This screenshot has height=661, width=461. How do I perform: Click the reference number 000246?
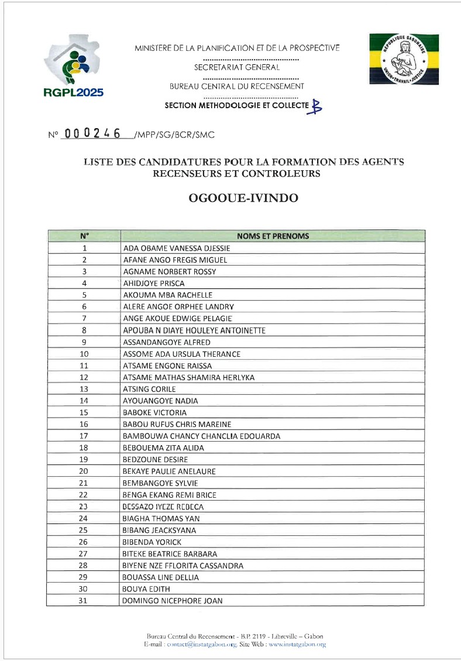(x=92, y=134)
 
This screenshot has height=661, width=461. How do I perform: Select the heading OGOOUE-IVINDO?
(x=243, y=198)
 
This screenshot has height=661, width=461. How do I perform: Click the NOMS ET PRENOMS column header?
(x=273, y=236)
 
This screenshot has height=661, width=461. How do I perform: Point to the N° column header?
(x=84, y=236)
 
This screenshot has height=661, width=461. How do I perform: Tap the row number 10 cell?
(x=84, y=354)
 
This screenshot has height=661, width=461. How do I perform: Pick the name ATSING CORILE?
(x=149, y=389)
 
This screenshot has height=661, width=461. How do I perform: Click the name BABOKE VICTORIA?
(x=154, y=412)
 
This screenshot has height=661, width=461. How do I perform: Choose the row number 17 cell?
(x=84, y=436)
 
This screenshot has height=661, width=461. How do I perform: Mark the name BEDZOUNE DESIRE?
(x=155, y=460)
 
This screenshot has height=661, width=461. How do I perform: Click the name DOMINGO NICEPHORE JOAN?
(x=173, y=601)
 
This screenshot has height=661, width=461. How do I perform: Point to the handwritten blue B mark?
(x=316, y=106)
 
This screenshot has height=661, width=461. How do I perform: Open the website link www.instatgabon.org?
(x=297, y=644)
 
